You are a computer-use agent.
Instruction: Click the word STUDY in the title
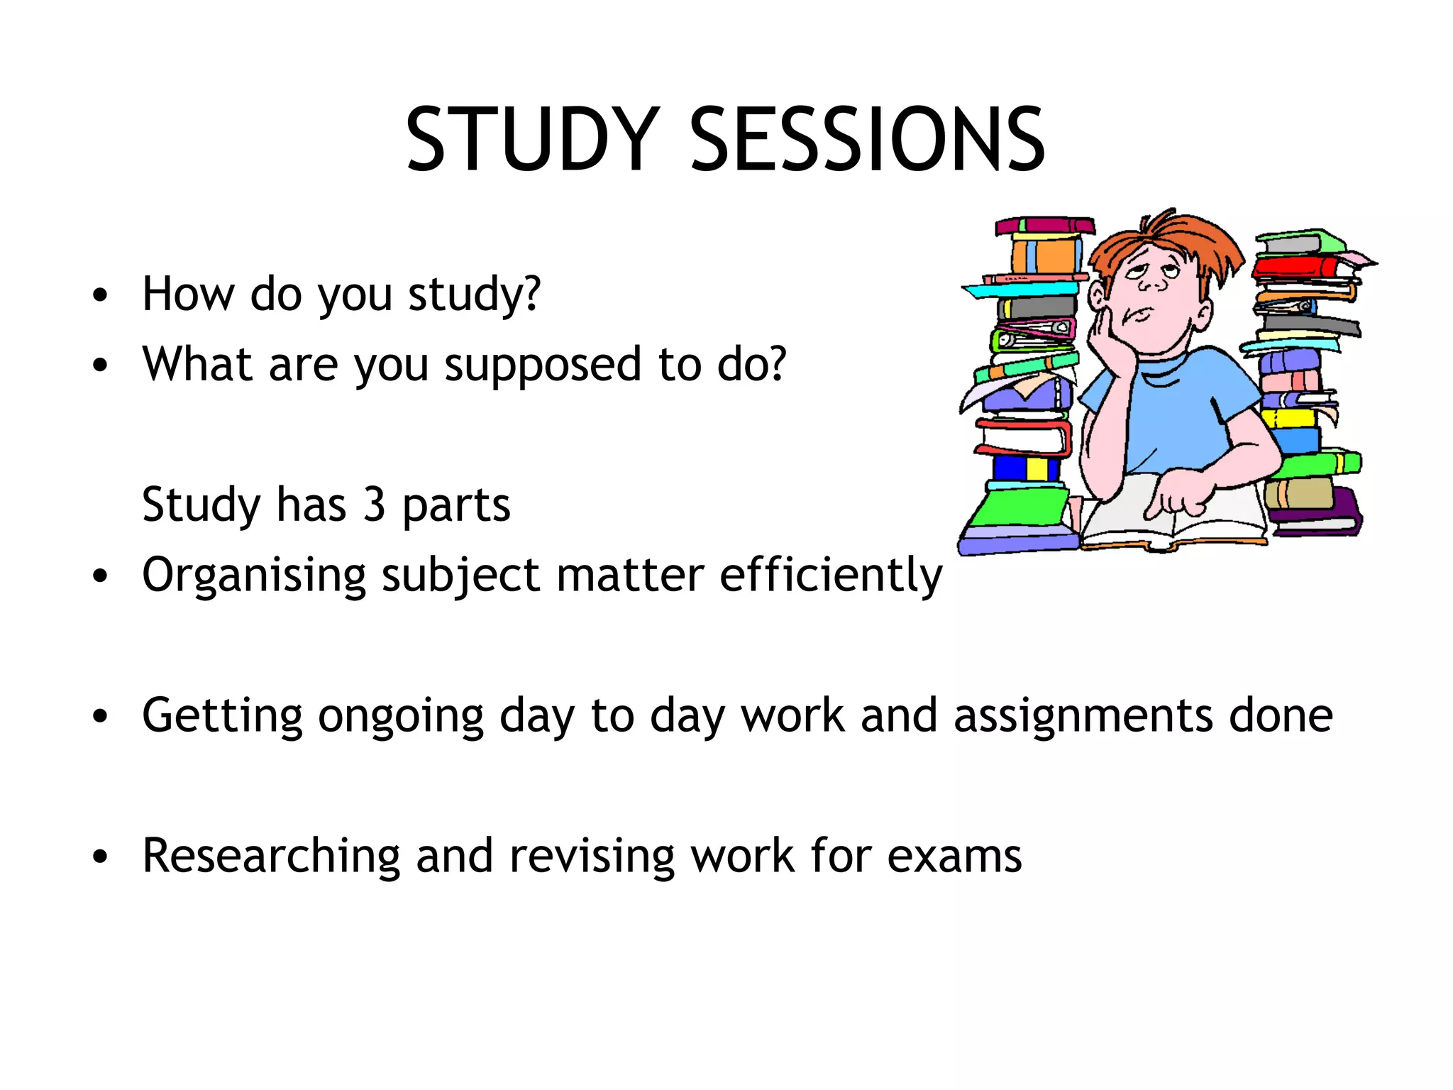click(x=532, y=140)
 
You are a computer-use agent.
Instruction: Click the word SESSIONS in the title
click(x=867, y=140)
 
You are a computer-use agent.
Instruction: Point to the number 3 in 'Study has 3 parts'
click(x=374, y=504)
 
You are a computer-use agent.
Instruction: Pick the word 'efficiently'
click(x=831, y=575)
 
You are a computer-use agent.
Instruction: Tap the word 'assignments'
click(x=1083, y=715)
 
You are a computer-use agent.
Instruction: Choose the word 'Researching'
click(x=271, y=857)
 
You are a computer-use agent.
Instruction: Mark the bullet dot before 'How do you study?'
click(x=100, y=294)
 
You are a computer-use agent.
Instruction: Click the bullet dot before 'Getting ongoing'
click(x=100, y=717)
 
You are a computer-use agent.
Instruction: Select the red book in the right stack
click(x=1295, y=268)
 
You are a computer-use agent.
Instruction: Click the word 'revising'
click(x=592, y=857)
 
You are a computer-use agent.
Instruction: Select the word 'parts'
click(x=456, y=505)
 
